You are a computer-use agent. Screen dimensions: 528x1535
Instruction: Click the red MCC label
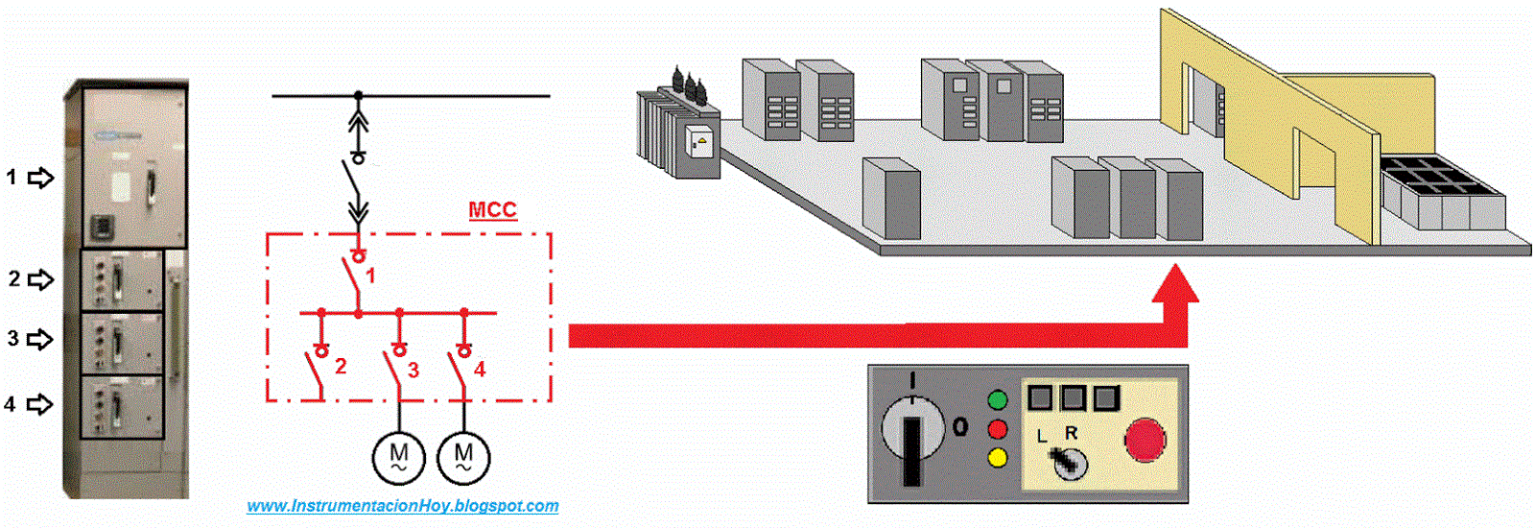point(492,210)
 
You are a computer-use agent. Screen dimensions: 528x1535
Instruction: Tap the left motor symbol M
point(398,457)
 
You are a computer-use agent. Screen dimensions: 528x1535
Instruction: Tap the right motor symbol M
point(463,457)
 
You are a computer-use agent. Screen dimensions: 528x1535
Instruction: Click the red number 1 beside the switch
point(370,276)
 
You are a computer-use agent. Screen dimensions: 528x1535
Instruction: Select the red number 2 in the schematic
point(341,367)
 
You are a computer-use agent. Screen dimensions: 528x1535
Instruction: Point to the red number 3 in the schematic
point(413,370)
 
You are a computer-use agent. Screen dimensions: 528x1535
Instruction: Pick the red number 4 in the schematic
point(479,369)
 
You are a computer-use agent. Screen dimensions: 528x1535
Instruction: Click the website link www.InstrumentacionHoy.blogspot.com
point(403,506)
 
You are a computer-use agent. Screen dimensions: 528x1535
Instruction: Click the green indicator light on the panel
point(998,400)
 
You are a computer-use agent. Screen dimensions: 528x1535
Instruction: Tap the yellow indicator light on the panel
point(998,457)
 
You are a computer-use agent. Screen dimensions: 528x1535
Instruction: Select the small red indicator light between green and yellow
point(998,429)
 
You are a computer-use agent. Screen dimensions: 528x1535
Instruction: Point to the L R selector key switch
point(1065,463)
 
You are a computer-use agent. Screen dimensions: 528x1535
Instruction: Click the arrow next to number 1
point(40,178)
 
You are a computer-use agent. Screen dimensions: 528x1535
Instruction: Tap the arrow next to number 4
point(39,404)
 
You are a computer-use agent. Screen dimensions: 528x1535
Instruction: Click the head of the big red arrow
point(1174,288)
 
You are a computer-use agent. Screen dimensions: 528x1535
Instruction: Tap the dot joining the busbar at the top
point(359,95)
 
